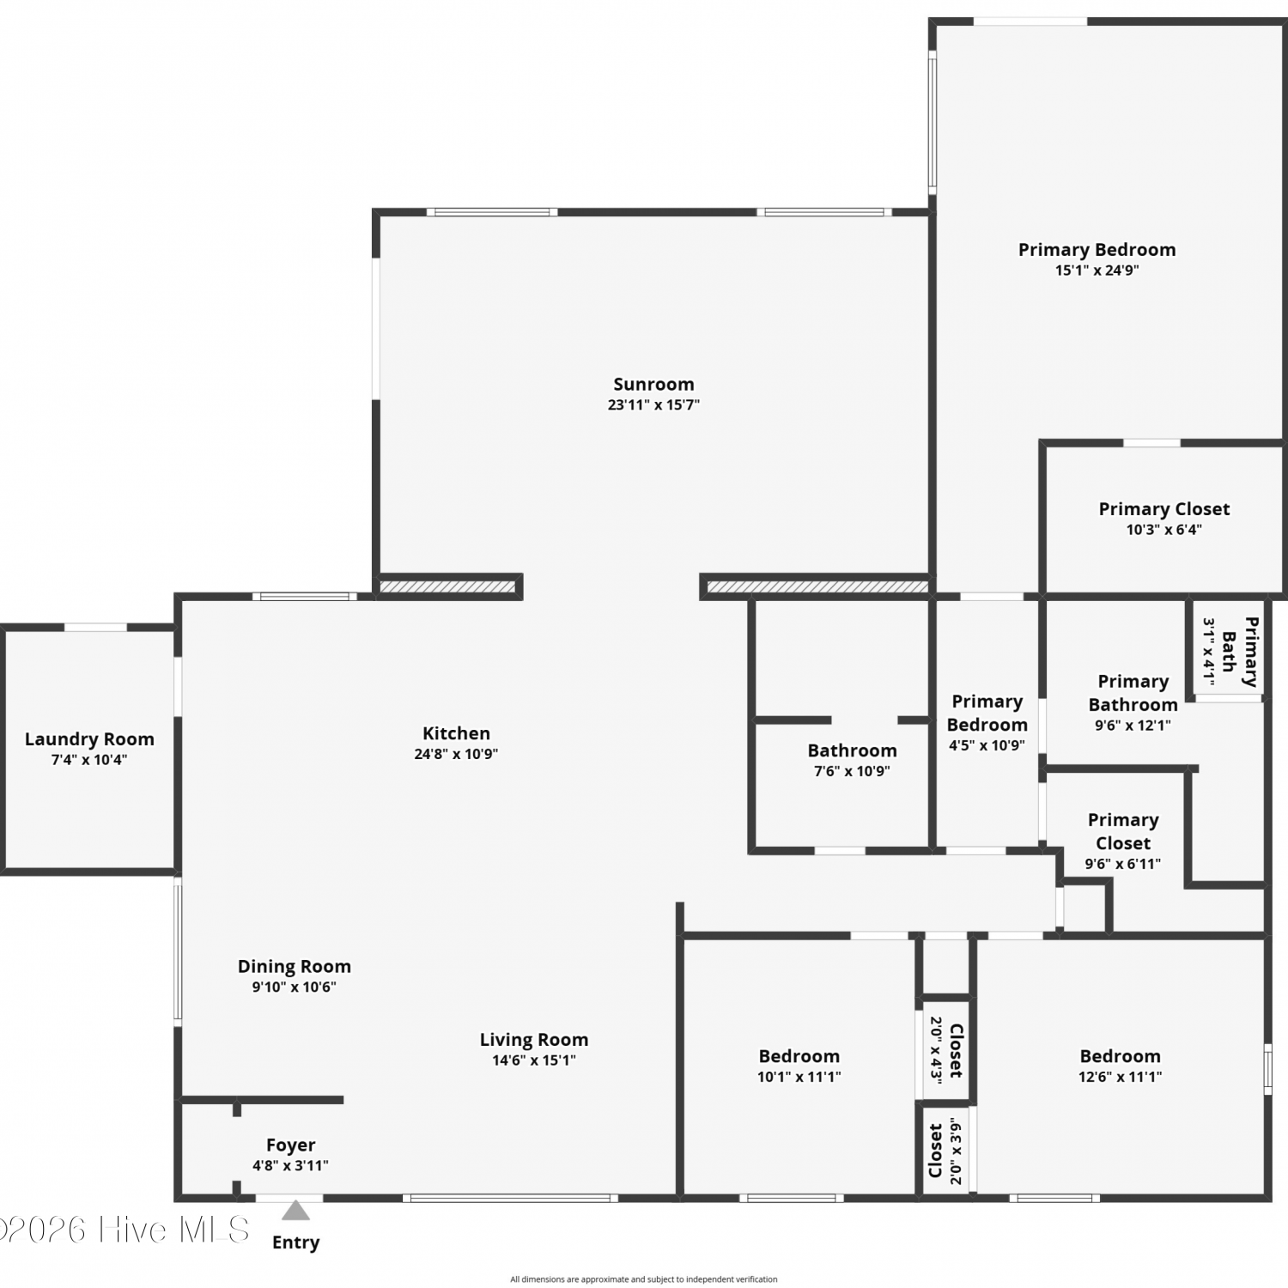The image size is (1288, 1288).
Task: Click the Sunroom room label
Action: (x=653, y=384)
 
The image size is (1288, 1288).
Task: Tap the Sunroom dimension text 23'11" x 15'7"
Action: (x=653, y=404)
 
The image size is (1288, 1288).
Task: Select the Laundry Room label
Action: (x=89, y=738)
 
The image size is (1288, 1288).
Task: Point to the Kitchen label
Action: (x=456, y=733)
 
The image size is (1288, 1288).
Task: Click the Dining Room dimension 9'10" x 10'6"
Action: (x=294, y=987)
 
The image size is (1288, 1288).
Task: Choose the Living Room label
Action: (x=534, y=1040)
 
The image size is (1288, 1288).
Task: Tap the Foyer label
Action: (x=290, y=1145)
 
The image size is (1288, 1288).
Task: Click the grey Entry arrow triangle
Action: (x=295, y=1211)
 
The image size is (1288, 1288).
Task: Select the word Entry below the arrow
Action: (x=295, y=1242)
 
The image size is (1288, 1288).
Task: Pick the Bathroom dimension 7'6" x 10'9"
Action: (x=852, y=771)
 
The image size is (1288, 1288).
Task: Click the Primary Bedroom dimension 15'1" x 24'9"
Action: (x=1097, y=270)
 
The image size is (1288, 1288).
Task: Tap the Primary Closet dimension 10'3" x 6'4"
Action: (x=1164, y=529)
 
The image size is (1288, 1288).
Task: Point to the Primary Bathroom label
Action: (x=1133, y=693)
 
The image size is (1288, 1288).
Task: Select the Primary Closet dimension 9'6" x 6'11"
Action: (x=1123, y=864)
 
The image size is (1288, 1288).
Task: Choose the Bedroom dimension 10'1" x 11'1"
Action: (x=799, y=1077)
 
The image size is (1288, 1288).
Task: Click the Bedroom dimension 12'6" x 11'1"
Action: (x=1121, y=1077)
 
